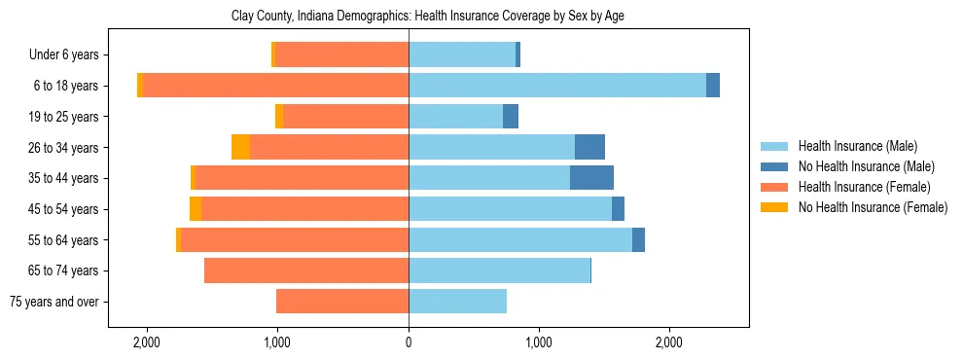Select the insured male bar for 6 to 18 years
556,86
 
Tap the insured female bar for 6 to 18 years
275,86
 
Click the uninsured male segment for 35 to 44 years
591,178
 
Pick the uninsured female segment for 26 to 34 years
240,147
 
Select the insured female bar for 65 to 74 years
306,270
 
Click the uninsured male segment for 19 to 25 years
511,117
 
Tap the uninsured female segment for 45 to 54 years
196,209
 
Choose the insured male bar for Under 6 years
462,54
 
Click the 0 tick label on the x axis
409,342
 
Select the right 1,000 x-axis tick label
539,342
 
